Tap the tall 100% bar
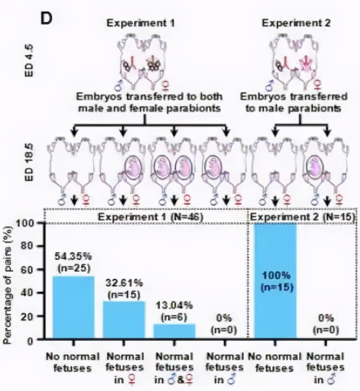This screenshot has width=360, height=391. (x=275, y=282)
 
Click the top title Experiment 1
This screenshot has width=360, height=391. (x=141, y=23)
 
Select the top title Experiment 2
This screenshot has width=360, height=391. (x=296, y=23)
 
